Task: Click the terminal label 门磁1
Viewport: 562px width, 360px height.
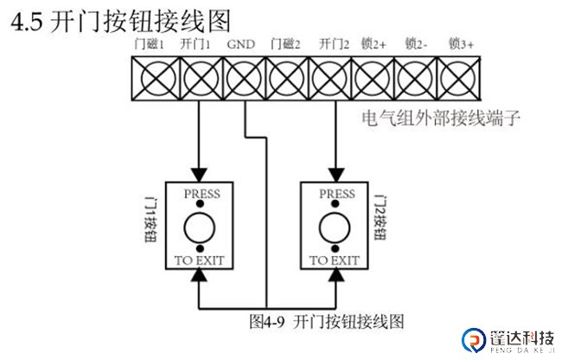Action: [150, 43]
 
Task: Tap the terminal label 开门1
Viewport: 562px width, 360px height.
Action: [196, 43]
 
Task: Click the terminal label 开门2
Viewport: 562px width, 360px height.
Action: [333, 43]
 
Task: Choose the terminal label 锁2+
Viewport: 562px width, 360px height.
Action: [374, 43]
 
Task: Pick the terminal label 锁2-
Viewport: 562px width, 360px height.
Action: [417, 43]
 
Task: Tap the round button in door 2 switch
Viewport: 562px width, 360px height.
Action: [334, 230]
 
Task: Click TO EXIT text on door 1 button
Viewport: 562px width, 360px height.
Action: [200, 260]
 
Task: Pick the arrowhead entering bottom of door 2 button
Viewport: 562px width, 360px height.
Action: [334, 275]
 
